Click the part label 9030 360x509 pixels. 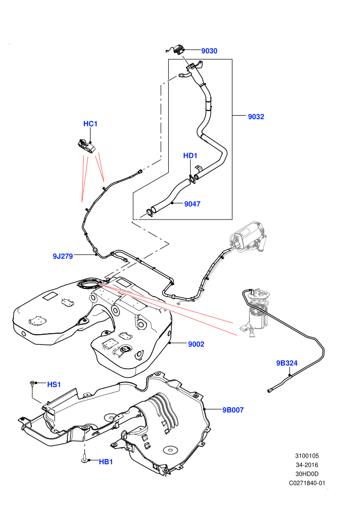209,50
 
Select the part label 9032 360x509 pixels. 256,117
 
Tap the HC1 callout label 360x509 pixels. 90,124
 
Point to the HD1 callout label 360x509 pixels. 190,155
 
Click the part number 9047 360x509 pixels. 192,204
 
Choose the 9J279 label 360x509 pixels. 63,256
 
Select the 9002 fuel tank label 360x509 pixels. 196,344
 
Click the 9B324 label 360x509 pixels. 286,363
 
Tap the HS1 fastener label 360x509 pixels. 54,385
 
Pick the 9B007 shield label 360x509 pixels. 233,410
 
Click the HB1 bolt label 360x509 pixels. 106,462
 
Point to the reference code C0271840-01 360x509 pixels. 307,483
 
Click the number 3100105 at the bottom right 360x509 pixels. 307,456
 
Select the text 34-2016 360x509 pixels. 307,465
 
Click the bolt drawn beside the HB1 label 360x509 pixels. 84,459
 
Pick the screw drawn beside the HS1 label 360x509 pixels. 32,384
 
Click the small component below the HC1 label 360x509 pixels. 86,146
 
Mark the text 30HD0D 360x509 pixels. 307,474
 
